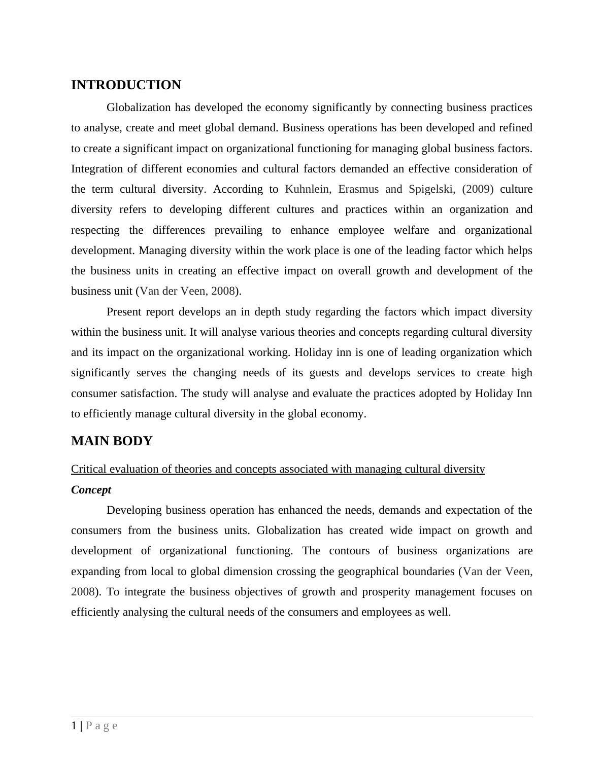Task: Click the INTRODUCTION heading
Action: [126, 85]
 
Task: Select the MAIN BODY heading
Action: [112, 441]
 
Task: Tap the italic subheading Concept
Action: [91, 490]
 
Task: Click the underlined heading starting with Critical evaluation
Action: [278, 469]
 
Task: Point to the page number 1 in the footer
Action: [74, 726]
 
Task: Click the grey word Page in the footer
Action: [102, 726]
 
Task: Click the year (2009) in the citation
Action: [478, 189]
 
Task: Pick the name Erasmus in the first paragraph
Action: [358, 189]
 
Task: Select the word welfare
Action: [412, 230]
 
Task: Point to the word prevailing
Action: [238, 230]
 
